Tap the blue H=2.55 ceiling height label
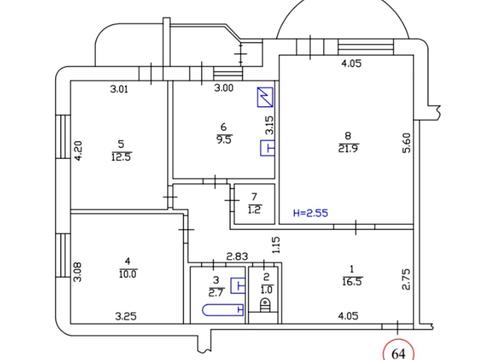click(x=310, y=213)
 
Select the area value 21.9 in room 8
click(x=348, y=149)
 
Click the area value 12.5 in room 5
click(x=121, y=157)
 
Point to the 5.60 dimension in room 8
click(x=407, y=143)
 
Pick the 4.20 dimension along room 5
click(x=78, y=151)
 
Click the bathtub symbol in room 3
click(x=223, y=310)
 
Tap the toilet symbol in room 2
click(x=265, y=305)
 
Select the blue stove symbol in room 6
click(x=265, y=97)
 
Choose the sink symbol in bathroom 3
click(x=238, y=285)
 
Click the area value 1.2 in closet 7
click(x=255, y=210)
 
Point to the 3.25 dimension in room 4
click(x=126, y=316)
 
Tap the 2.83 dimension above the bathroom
click(x=237, y=257)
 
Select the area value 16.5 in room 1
click(x=352, y=282)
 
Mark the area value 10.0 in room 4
click(x=128, y=274)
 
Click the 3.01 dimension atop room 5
click(x=119, y=89)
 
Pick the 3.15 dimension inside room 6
click(x=269, y=125)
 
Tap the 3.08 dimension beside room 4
click(x=78, y=271)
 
